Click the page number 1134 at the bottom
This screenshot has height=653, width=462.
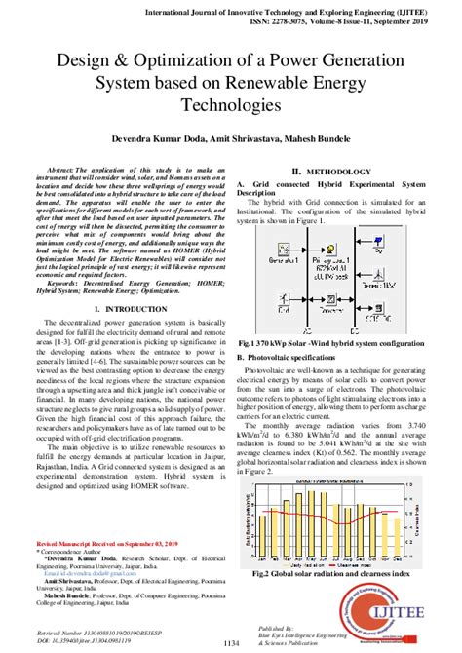click(x=231, y=642)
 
